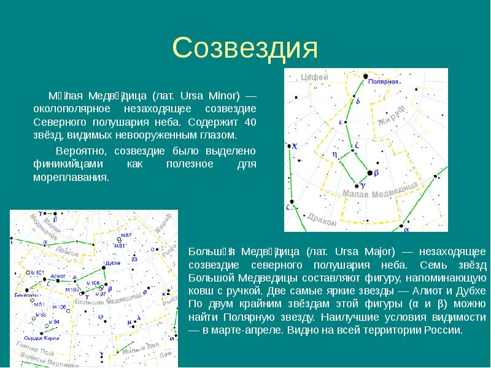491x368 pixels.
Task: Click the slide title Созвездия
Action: pyautogui.click(x=245, y=48)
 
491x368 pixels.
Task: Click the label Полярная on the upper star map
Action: pyautogui.click(x=385, y=81)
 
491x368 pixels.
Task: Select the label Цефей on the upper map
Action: pyautogui.click(x=315, y=77)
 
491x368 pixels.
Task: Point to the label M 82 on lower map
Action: pyautogui.click(x=126, y=235)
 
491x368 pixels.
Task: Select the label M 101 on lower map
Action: pyautogui.click(x=37, y=272)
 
